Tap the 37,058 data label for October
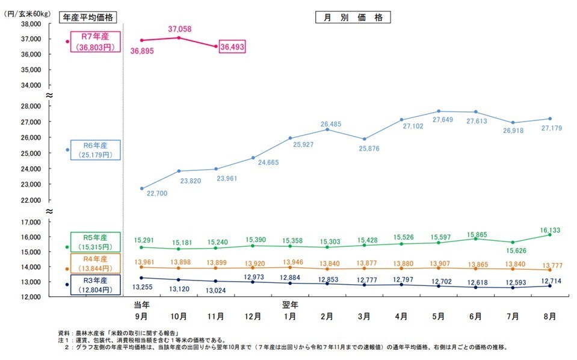(x=179, y=28)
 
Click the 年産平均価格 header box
(x=90, y=17)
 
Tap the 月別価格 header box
(x=353, y=17)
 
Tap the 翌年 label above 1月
(x=290, y=305)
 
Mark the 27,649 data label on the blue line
(x=438, y=120)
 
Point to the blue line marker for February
(x=327, y=129)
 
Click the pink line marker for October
(x=179, y=37)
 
